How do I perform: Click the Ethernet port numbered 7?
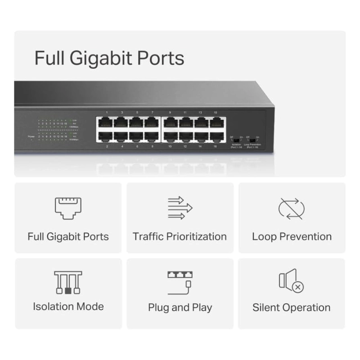tap(152, 122)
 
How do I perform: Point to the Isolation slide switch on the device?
tap(236, 140)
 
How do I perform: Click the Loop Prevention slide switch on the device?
tap(252, 140)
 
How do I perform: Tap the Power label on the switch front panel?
tap(31, 136)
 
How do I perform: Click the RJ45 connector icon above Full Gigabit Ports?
tap(68, 208)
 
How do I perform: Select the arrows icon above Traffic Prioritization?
tap(180, 208)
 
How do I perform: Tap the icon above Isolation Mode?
tap(68, 282)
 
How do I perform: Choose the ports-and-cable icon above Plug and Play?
tap(180, 282)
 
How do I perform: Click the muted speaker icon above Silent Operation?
tap(291, 281)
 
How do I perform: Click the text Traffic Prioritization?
tap(180, 237)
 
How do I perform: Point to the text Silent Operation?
tap(291, 308)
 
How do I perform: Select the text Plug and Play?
tap(180, 308)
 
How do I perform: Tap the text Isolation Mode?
tap(68, 306)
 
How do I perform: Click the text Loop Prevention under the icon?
tap(292, 237)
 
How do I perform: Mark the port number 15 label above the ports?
tap(216, 112)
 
